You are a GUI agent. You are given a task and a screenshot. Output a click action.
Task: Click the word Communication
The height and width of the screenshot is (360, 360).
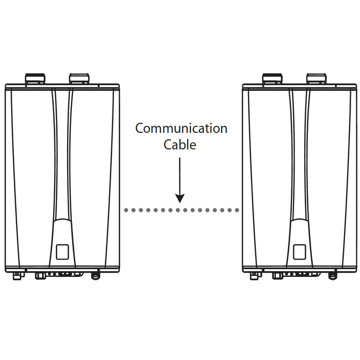click(x=181, y=128)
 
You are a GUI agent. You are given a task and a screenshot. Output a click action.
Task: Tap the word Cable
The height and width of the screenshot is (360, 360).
click(x=180, y=145)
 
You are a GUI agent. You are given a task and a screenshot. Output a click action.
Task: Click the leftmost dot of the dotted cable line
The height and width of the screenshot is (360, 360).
click(x=126, y=210)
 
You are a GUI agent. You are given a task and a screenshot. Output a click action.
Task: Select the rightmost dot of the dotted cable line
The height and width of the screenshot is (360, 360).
click(x=237, y=210)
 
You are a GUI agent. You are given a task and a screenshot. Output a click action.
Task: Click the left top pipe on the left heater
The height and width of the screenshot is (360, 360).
click(x=35, y=79)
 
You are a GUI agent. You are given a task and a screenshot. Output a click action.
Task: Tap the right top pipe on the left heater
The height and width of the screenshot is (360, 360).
click(x=79, y=79)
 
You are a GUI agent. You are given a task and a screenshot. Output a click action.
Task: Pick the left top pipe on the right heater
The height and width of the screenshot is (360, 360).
click(x=272, y=79)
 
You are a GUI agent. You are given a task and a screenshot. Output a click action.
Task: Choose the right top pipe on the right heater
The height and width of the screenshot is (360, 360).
click(x=316, y=79)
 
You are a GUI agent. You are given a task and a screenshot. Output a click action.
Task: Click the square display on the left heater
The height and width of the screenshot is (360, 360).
click(x=62, y=252)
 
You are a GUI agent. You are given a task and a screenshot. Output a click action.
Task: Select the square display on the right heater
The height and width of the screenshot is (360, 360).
click(x=300, y=252)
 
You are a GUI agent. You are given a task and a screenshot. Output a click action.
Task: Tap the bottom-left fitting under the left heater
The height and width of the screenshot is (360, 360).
click(x=17, y=276)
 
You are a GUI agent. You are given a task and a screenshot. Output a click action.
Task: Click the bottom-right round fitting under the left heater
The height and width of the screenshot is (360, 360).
click(x=95, y=275)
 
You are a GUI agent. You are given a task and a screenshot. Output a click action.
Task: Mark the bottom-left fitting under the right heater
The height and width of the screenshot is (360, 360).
click(x=254, y=276)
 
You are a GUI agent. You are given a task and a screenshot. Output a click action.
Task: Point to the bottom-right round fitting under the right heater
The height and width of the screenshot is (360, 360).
click(x=332, y=275)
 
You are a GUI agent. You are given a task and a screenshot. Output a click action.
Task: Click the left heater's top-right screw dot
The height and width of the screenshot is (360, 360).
click(x=99, y=86)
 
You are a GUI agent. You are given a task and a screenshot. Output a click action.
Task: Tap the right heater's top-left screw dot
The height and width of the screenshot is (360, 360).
click(x=263, y=86)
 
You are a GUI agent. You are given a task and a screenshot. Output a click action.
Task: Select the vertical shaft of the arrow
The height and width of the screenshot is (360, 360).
click(x=180, y=176)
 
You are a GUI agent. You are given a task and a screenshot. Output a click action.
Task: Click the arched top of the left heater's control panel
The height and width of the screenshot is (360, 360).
click(x=62, y=220)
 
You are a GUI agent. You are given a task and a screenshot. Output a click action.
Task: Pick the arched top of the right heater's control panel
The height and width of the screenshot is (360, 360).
click(x=300, y=220)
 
